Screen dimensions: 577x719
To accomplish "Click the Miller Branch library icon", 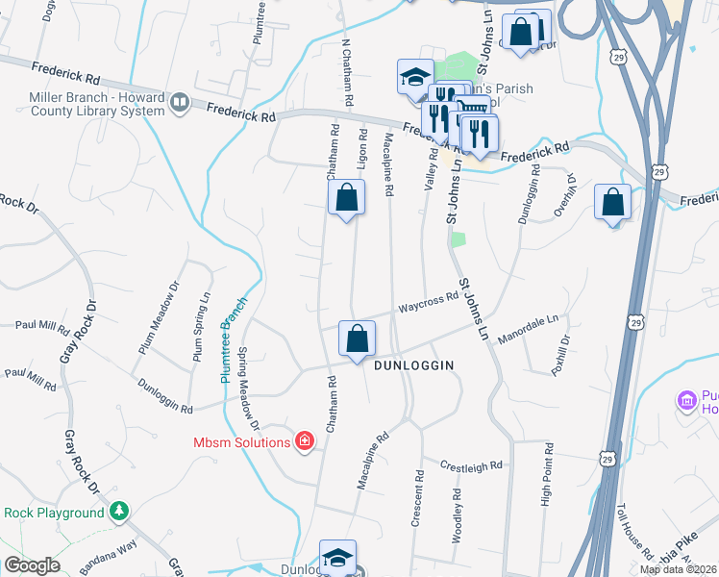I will [x=179, y=103].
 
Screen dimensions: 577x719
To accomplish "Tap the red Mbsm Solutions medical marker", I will [x=305, y=441].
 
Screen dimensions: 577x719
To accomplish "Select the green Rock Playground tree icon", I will [x=119, y=513].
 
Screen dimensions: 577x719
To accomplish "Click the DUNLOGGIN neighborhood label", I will [x=413, y=365].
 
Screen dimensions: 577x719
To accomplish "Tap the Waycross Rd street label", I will [x=429, y=302].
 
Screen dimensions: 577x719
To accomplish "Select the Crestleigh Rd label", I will [x=471, y=465].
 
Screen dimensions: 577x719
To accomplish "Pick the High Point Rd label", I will [x=547, y=474].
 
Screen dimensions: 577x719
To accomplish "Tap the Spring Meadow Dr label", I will [x=249, y=389].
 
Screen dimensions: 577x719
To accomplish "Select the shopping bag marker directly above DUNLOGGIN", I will [x=357, y=339].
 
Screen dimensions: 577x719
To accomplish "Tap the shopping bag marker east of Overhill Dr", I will [x=612, y=203].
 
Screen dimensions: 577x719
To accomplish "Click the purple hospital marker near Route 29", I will [x=687, y=399].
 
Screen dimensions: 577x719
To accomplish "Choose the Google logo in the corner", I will [x=32, y=565].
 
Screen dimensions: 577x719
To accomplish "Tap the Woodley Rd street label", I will [x=457, y=511].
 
